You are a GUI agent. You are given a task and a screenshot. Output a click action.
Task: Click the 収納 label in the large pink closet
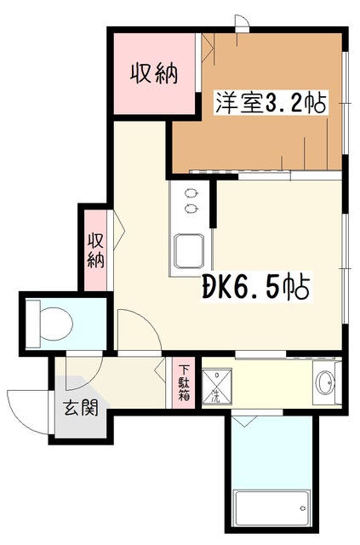click(152, 75)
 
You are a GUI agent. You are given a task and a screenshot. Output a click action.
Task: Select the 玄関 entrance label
click(80, 407)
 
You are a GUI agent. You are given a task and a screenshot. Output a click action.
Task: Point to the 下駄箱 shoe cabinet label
click(184, 382)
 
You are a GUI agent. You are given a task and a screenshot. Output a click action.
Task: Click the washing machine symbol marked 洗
click(214, 385)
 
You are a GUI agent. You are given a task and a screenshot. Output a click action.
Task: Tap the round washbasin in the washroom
click(326, 383)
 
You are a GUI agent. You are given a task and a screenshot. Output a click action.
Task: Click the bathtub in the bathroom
click(272, 511)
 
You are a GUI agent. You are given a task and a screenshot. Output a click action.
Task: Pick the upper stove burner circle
click(188, 192)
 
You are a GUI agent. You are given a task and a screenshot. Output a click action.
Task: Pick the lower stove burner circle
click(188, 208)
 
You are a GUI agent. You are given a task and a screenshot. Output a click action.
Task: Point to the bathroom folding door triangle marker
click(244, 421)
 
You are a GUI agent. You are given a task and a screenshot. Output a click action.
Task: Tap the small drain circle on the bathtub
click(302, 510)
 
